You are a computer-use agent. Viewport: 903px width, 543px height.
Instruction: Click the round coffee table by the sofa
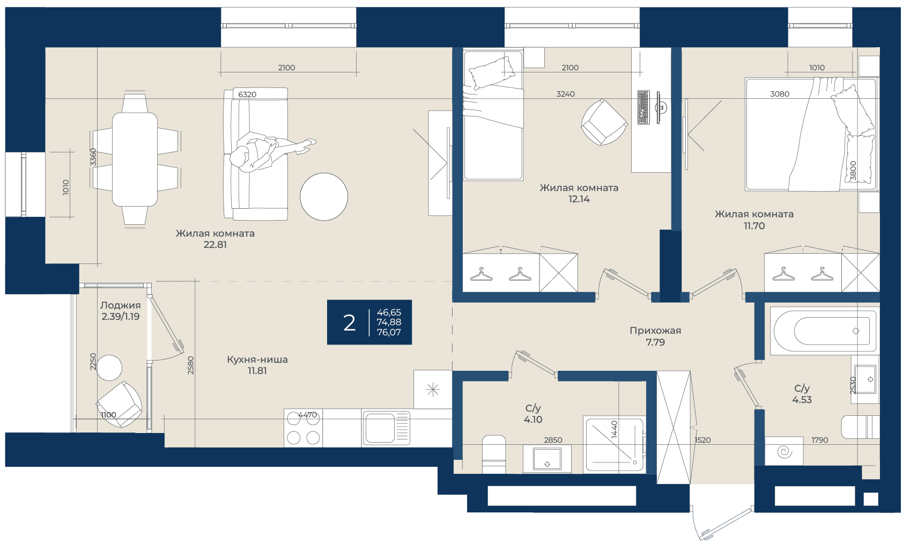(x=324, y=197)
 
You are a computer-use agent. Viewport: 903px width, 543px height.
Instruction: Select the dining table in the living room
(x=135, y=160)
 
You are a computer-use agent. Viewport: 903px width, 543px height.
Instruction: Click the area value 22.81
(x=215, y=245)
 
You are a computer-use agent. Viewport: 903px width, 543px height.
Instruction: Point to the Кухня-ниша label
(x=257, y=359)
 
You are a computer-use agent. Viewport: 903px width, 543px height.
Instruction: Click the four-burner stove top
(x=303, y=428)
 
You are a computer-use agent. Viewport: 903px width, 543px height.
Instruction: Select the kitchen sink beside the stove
(x=386, y=428)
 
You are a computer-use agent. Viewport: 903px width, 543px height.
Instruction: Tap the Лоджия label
(x=121, y=305)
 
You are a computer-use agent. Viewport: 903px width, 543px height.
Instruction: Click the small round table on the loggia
(x=109, y=368)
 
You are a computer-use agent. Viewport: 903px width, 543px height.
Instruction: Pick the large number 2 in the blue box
(x=349, y=322)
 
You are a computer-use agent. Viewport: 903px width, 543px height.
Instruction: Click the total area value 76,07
(x=389, y=332)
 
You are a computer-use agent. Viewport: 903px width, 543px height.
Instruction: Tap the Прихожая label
(x=655, y=331)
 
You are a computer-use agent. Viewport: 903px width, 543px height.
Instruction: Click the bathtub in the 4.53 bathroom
(x=824, y=331)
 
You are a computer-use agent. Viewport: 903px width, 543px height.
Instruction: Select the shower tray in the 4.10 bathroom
(x=615, y=445)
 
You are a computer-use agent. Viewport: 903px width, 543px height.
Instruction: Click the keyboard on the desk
(x=643, y=107)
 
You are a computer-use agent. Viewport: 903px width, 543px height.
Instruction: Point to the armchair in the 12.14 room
(x=604, y=122)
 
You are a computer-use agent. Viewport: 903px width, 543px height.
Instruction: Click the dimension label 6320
(x=247, y=94)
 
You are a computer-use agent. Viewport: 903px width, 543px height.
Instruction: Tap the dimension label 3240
(x=565, y=94)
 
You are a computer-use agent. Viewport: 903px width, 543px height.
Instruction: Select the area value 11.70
(x=754, y=226)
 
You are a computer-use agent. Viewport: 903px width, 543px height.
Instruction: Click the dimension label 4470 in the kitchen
(x=307, y=415)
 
